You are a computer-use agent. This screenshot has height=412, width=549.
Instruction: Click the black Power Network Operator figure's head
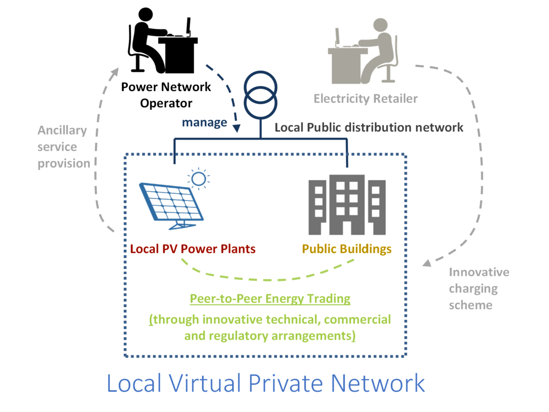click(146, 14)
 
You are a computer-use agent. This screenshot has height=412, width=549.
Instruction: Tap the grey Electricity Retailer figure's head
click(380, 25)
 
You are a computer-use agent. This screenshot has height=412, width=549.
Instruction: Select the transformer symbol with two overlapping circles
click(261, 95)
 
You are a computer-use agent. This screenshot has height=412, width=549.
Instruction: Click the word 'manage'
click(205, 123)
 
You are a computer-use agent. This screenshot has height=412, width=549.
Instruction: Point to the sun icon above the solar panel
click(199, 179)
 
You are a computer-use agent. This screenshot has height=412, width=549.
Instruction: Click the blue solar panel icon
click(172, 206)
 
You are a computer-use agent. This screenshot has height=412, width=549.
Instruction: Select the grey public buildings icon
click(347, 205)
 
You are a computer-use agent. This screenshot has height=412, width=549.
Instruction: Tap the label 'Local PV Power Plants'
click(193, 249)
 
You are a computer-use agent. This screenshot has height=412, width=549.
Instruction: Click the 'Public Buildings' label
click(347, 249)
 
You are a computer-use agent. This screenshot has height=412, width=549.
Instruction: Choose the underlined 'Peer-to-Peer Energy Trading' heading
click(270, 299)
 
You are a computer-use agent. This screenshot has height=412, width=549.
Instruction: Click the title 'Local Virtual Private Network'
click(266, 383)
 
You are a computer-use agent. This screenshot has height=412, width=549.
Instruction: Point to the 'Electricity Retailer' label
click(365, 99)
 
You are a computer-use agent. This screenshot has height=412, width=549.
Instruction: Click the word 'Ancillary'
click(62, 131)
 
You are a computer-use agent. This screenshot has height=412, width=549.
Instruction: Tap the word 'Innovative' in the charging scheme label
click(479, 272)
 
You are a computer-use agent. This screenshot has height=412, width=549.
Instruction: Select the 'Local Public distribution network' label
click(369, 127)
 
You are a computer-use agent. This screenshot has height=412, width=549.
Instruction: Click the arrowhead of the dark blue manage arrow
click(237, 129)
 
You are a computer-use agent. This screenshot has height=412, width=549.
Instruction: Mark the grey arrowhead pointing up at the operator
click(115, 72)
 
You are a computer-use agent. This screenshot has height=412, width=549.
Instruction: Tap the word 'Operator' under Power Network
click(166, 104)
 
